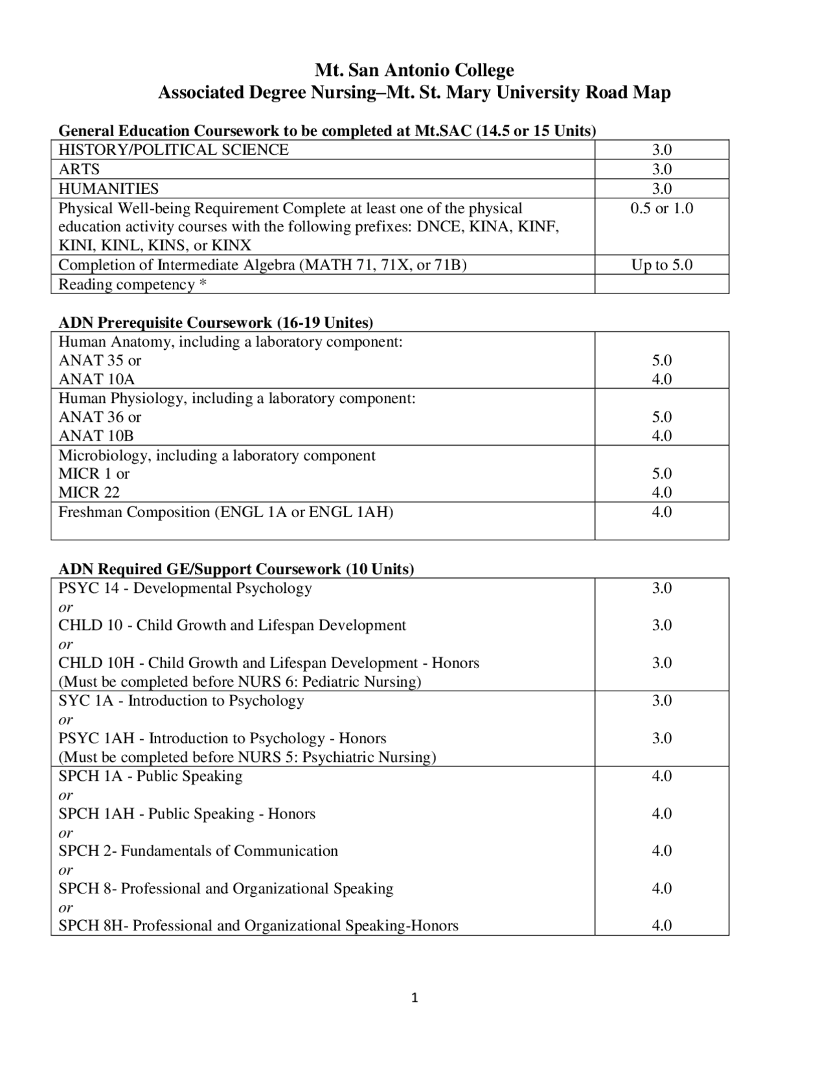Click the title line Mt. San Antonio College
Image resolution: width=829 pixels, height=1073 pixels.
(414, 70)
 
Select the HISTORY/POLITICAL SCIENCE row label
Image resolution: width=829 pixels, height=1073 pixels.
(174, 150)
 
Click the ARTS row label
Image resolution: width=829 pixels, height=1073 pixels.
(79, 169)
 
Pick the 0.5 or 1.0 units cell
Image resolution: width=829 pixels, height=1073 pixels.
(661, 208)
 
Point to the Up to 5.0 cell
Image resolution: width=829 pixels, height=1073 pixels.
(661, 265)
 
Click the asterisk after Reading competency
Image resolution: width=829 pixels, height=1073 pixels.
(203, 284)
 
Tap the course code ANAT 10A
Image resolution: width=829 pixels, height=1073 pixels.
(97, 379)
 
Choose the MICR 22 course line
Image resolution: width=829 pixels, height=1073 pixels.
(89, 492)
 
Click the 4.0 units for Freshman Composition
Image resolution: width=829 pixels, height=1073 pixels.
(661, 512)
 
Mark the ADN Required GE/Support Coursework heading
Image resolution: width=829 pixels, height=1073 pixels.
(236, 569)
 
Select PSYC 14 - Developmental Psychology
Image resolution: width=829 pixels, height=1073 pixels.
(185, 588)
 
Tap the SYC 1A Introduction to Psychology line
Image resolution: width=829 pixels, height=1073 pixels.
(181, 700)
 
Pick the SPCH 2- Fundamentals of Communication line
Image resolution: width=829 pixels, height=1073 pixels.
(198, 851)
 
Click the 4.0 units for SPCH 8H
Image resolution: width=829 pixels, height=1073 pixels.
(661, 925)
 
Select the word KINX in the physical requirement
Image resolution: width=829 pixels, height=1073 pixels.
(231, 246)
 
